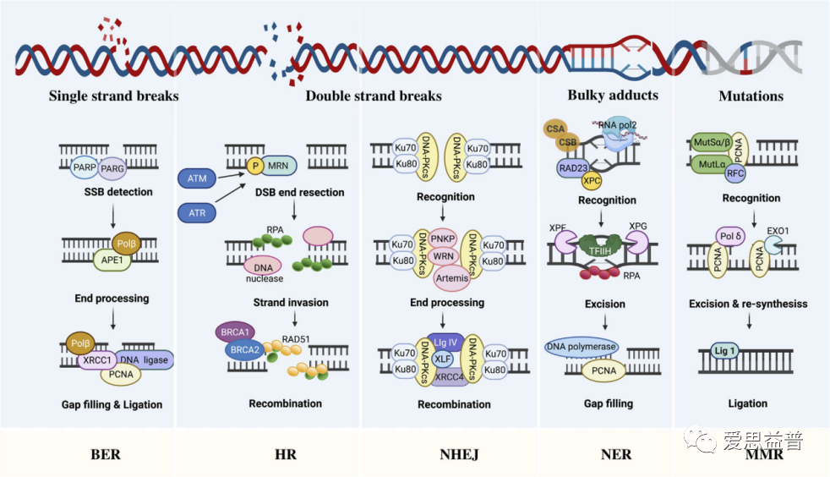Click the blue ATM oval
point(197,178)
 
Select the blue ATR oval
point(197,213)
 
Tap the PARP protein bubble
point(85,167)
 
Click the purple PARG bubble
point(112,168)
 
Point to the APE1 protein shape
point(112,260)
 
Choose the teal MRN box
point(278,166)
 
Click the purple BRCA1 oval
point(235,332)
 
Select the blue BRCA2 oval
point(244,349)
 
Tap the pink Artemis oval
point(452,278)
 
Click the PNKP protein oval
point(443,238)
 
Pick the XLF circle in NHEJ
point(443,359)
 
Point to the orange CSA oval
point(555,128)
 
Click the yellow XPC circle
point(592,180)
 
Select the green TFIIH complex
point(600,247)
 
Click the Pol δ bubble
point(730,236)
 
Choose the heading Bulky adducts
point(613,96)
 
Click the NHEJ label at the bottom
point(459,454)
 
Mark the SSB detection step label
point(118,192)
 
